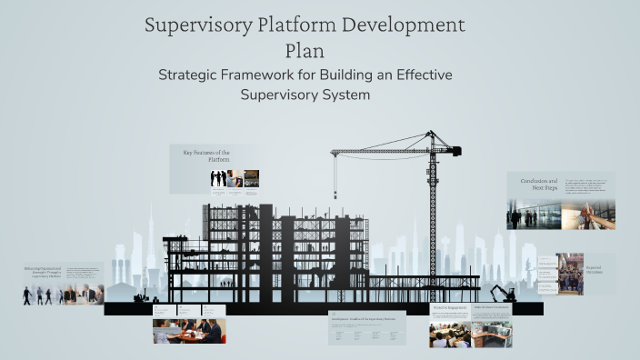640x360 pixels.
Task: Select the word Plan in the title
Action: [x=305, y=51]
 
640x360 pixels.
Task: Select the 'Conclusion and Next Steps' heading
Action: [x=538, y=185]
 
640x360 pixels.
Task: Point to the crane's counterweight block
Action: [x=450, y=151]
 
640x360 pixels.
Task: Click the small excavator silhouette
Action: [x=503, y=293]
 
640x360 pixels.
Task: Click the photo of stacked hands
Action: [x=587, y=215]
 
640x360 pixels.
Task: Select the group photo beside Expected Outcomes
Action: [x=570, y=275]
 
